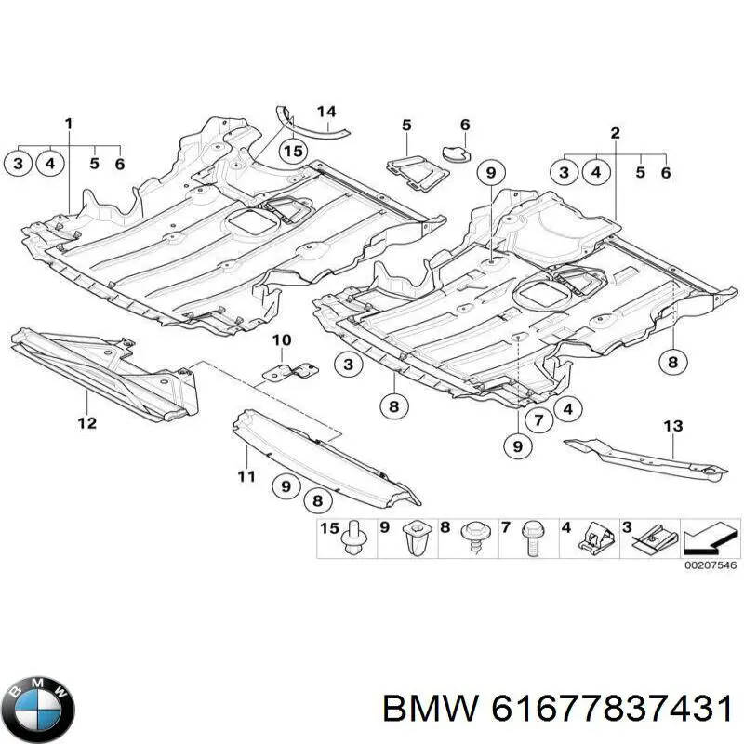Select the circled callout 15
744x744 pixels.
click(x=293, y=152)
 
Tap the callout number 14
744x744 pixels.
click(x=326, y=112)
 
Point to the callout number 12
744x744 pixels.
click(x=87, y=422)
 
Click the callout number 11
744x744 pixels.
click(x=246, y=476)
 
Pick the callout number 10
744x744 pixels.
click(x=282, y=339)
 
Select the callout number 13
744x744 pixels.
click(x=672, y=426)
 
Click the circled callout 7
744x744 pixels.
click(x=538, y=420)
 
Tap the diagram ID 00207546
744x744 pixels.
click(x=711, y=565)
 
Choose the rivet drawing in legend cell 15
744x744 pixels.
click(x=354, y=538)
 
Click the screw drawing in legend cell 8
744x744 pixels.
click(x=473, y=536)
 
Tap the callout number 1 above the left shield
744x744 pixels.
click(x=69, y=125)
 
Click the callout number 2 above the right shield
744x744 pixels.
click(x=615, y=133)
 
